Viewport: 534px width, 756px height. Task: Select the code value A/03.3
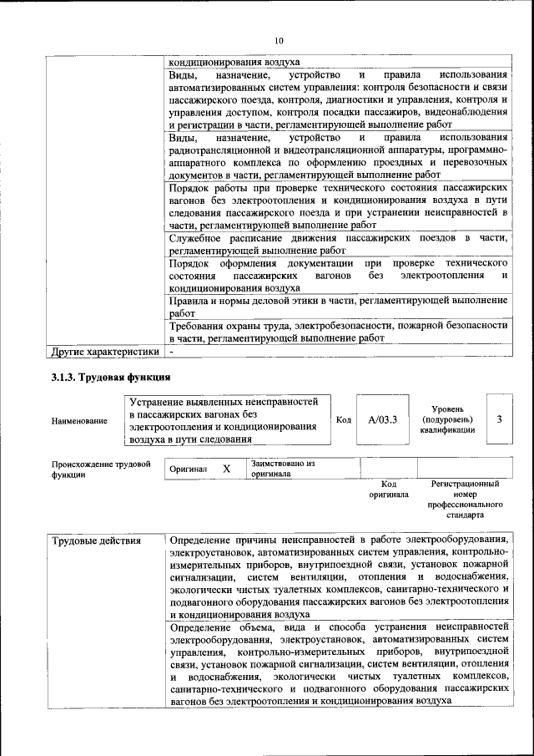pos(383,419)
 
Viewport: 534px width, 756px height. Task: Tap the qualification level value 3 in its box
pos(499,419)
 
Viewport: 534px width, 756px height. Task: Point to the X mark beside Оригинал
pos(226,469)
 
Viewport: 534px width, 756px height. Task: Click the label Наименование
pos(79,421)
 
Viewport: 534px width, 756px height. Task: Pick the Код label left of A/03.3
pos(343,419)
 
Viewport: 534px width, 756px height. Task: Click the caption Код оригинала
pos(388,489)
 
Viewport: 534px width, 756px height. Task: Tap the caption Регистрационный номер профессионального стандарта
pos(465,500)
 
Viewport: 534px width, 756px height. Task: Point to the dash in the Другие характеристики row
pos(170,351)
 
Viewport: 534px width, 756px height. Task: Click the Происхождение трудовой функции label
pos(100,468)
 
